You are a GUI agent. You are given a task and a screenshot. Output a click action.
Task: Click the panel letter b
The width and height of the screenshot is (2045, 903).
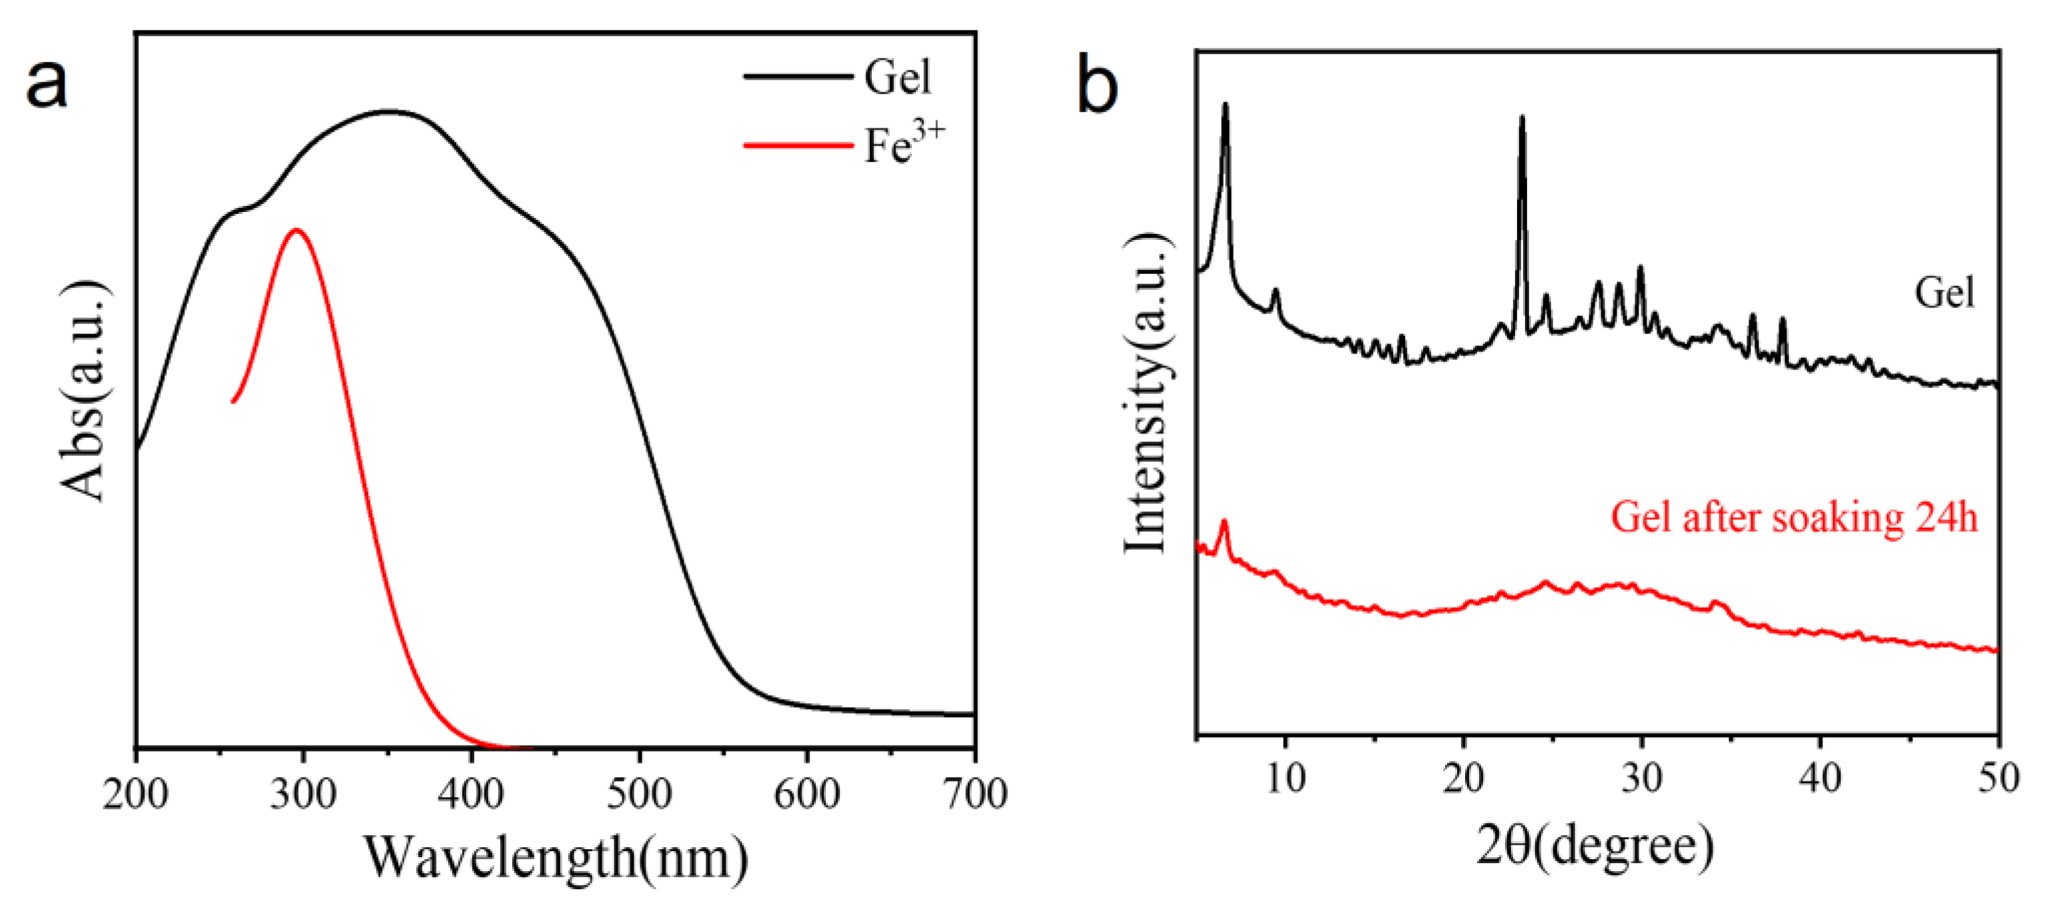[1097, 87]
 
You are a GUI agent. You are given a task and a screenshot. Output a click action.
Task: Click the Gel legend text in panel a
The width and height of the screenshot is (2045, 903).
[897, 77]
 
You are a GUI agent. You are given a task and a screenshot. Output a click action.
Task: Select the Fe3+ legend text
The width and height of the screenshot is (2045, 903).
[903, 144]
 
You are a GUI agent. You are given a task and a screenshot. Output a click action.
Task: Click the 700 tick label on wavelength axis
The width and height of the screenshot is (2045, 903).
[975, 794]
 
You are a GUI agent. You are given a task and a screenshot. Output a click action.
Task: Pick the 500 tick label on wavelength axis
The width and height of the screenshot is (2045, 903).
[639, 794]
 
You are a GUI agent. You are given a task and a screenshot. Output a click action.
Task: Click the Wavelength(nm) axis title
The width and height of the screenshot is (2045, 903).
[556, 858]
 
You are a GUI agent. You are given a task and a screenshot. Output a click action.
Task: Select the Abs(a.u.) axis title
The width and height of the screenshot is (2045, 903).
[82, 391]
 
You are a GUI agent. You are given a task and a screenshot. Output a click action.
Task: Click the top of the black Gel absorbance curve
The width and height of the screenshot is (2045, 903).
[389, 112]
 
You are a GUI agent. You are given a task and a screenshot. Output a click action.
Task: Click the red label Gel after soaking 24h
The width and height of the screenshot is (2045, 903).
[1794, 518]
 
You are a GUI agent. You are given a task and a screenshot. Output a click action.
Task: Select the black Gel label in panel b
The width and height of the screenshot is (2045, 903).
[1944, 293]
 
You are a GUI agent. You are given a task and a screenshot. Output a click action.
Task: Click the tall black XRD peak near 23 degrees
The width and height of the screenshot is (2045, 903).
[1522, 119]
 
